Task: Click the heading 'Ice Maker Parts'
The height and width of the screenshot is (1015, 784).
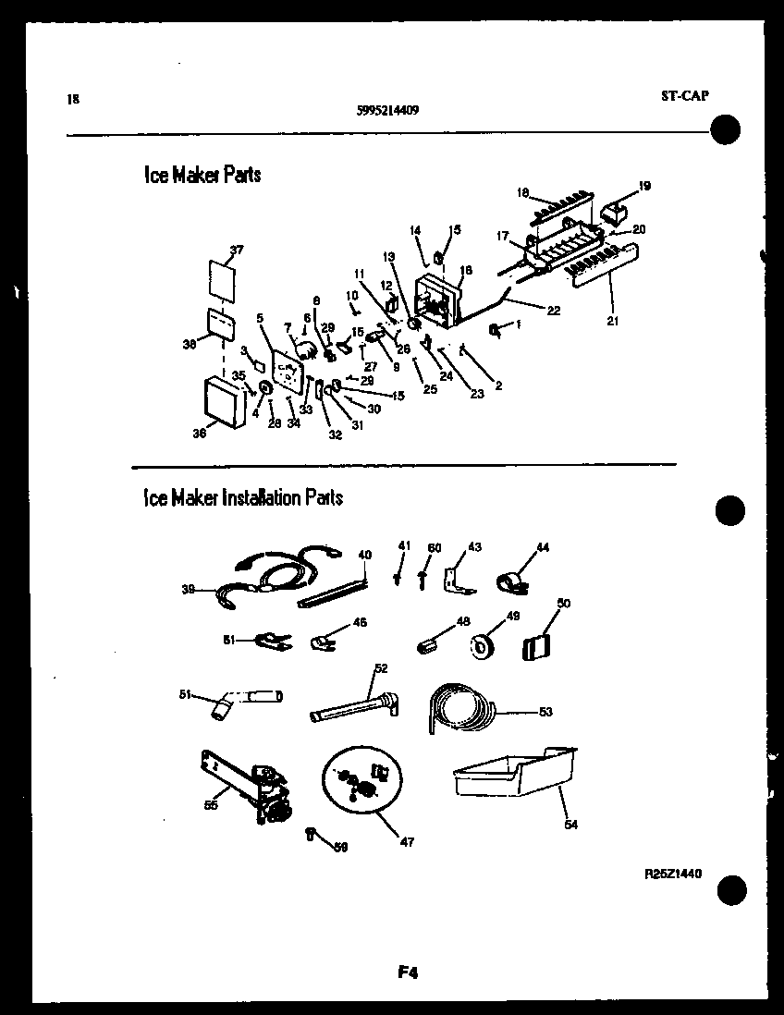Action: (202, 175)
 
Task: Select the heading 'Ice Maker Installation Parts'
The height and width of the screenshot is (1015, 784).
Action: (242, 497)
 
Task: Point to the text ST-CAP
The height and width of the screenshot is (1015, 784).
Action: (685, 94)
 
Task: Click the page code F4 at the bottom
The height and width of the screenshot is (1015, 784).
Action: (409, 972)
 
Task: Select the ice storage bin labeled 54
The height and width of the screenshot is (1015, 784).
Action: (513, 773)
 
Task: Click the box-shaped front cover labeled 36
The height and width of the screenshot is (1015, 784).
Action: (225, 401)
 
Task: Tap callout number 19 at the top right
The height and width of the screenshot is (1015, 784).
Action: (643, 186)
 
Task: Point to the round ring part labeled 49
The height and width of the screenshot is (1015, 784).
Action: (482, 647)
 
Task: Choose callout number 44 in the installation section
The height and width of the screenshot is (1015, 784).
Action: (542, 547)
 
